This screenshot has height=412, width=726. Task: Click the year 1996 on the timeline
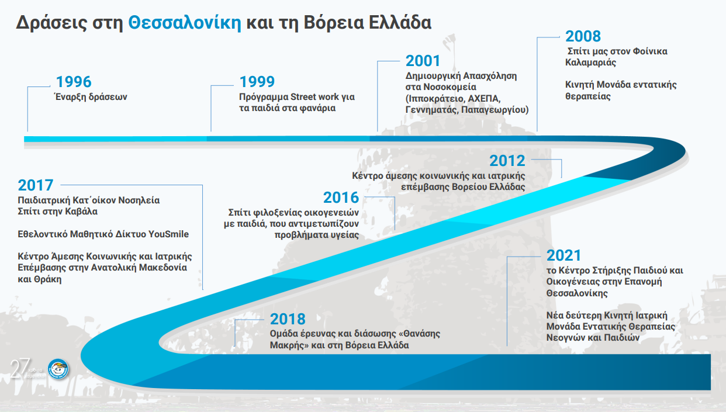74,82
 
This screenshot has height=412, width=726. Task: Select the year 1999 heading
257,82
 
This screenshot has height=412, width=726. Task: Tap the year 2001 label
423,61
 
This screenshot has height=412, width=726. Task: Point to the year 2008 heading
583,36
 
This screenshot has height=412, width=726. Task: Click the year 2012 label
507,161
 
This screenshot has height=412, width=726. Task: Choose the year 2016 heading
341,198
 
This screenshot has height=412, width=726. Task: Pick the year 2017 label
35,185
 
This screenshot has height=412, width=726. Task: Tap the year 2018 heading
288,319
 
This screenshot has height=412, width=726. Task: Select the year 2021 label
563,255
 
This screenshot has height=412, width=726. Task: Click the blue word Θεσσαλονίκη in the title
185,23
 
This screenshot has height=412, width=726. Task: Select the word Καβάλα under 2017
81,212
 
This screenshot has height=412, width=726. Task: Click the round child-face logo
58,369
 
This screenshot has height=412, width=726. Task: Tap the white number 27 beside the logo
20,369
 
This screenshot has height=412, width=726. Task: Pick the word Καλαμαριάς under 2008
590,63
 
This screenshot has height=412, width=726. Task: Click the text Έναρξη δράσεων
91,96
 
